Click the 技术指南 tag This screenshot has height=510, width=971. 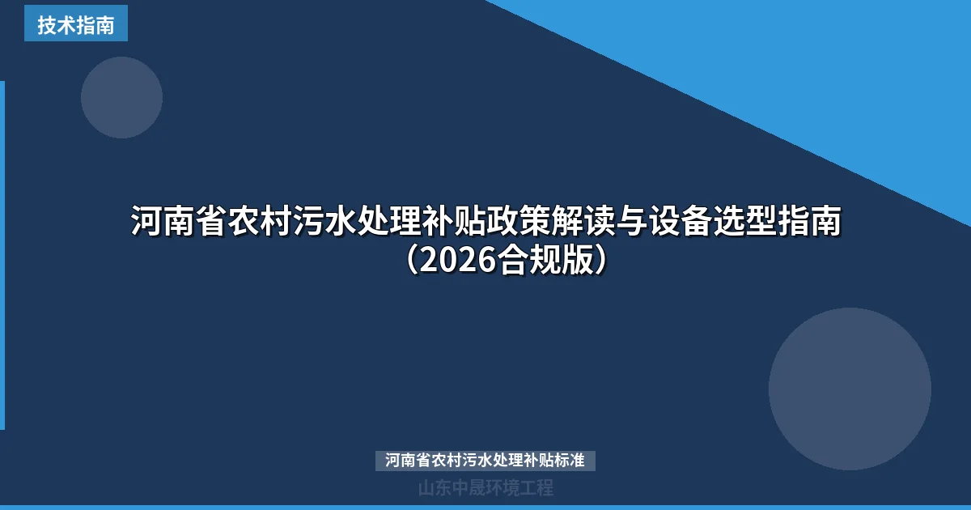[75, 24]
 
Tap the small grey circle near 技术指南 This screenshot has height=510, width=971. [121, 97]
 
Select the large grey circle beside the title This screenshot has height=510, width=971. [850, 389]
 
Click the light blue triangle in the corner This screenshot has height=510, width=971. [809, 73]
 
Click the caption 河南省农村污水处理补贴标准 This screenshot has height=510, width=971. [485, 461]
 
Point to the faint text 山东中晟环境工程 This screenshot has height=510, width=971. [485, 487]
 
